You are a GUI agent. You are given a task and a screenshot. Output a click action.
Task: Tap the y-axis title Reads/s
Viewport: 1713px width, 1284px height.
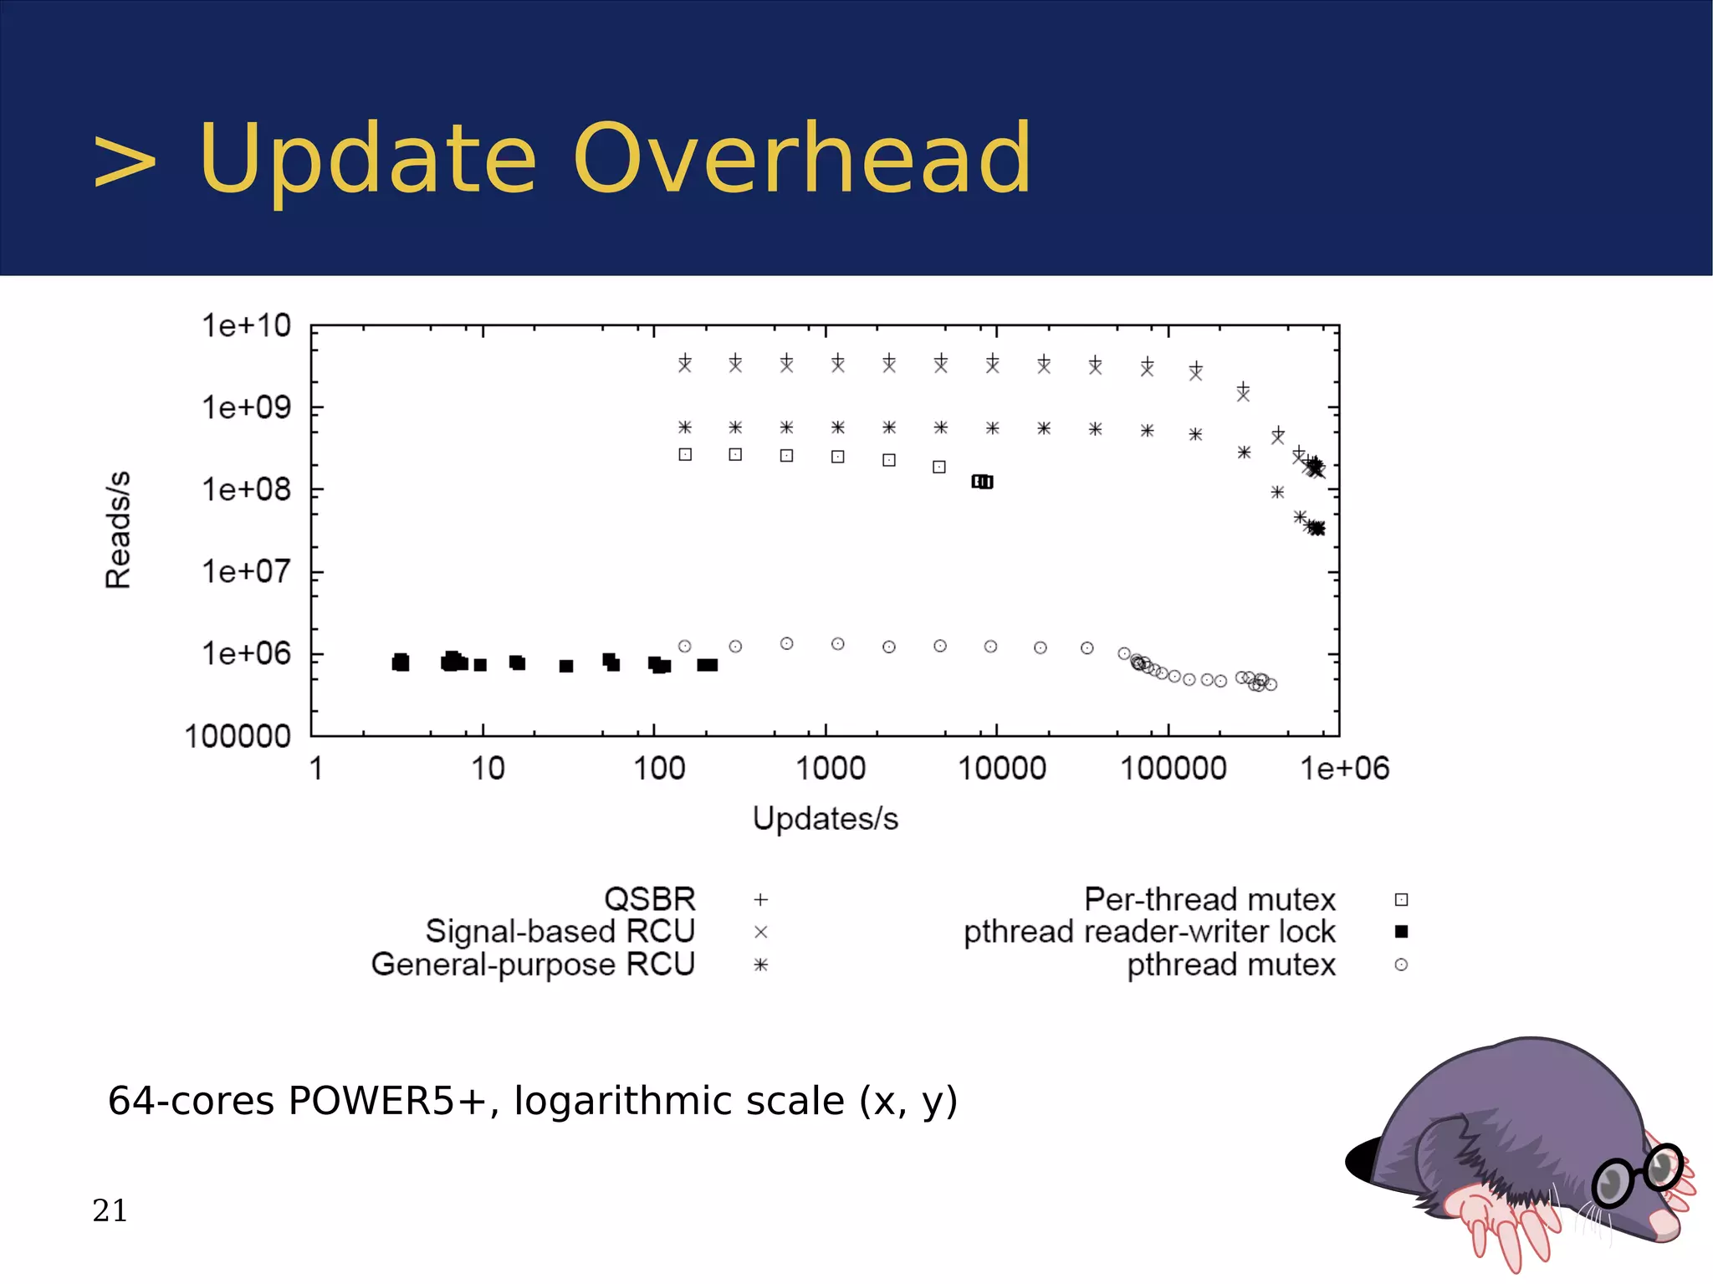click(118, 529)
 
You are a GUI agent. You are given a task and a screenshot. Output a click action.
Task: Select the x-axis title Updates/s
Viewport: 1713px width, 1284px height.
click(825, 818)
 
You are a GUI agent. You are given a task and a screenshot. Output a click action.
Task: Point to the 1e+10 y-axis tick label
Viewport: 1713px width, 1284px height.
click(246, 325)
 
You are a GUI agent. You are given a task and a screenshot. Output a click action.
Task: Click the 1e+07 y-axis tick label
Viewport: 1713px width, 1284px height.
click(246, 571)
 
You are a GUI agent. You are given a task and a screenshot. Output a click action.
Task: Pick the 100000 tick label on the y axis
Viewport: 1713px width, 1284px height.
click(238, 736)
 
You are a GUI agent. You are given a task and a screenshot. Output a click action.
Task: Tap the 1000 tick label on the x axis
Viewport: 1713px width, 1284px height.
click(830, 768)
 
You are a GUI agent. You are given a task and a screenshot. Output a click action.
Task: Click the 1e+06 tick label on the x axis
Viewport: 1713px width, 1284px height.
click(1344, 768)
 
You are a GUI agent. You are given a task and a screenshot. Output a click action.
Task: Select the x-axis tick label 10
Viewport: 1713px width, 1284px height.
click(488, 768)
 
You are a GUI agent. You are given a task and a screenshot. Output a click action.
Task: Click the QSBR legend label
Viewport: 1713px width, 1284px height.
click(649, 899)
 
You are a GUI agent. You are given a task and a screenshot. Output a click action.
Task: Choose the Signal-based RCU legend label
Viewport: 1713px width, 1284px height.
click(560, 931)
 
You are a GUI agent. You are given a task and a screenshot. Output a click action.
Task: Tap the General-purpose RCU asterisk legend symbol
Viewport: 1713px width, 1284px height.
click(760, 964)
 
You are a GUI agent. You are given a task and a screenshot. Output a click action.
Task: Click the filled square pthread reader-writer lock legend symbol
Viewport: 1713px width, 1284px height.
click(1402, 931)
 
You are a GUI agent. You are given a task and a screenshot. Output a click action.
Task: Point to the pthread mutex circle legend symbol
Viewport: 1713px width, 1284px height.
click(1402, 964)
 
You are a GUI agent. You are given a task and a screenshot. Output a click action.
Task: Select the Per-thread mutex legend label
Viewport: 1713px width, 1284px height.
click(1209, 899)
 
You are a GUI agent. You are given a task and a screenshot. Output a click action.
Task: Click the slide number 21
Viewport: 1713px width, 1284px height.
click(110, 1210)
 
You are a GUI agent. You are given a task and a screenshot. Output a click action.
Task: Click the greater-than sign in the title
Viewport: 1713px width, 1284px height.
click(125, 161)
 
